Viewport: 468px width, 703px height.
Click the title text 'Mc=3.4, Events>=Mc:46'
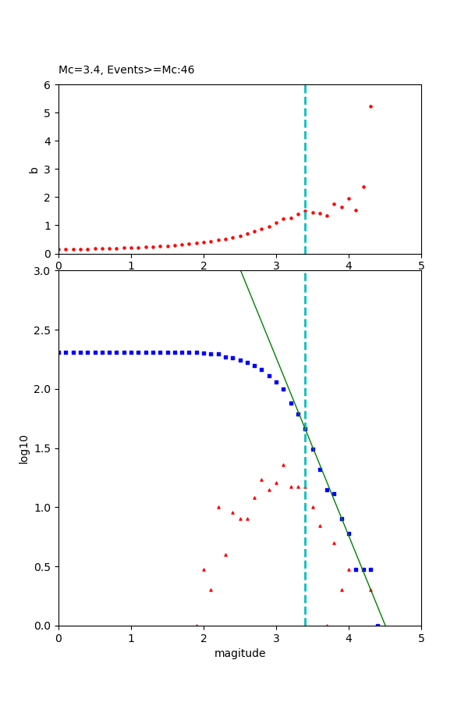(126, 70)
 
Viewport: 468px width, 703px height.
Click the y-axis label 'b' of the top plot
(34, 169)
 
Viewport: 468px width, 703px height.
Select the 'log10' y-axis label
(24, 449)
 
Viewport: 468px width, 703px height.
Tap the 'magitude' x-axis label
(239, 653)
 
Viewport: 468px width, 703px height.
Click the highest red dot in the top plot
(370, 106)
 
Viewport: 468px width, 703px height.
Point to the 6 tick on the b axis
(48, 85)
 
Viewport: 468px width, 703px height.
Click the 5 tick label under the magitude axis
(421, 638)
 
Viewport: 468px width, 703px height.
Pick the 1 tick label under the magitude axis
(131, 638)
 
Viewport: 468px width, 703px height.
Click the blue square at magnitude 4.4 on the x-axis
(378, 626)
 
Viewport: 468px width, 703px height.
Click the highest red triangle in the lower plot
(283, 465)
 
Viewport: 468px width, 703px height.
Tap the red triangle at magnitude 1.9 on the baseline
(197, 625)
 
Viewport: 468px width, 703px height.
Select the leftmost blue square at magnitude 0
(59, 352)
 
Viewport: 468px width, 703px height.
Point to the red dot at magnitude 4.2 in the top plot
(363, 187)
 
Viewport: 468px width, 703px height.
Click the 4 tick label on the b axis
(48, 141)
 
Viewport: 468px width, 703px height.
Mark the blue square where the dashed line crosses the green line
(305, 429)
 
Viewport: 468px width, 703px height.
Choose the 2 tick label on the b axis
(48, 198)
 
